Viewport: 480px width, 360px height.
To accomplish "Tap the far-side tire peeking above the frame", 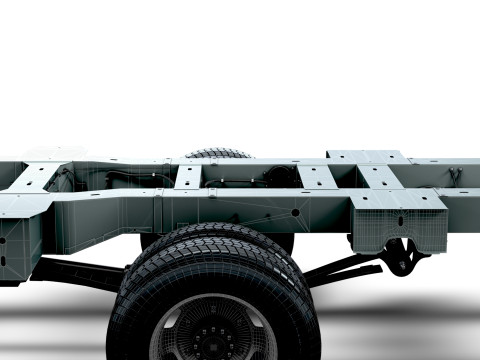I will tap(218, 154).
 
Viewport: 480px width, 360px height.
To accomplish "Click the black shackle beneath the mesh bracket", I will tap(403, 257).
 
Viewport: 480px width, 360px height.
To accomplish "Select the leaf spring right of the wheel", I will tap(340, 267).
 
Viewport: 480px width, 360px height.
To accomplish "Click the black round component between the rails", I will tap(279, 176).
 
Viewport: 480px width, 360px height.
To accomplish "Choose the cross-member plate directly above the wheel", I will tap(188, 176).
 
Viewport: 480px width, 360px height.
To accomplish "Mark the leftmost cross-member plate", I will tap(35, 178).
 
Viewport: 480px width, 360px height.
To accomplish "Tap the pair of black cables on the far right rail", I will tap(455, 176).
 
